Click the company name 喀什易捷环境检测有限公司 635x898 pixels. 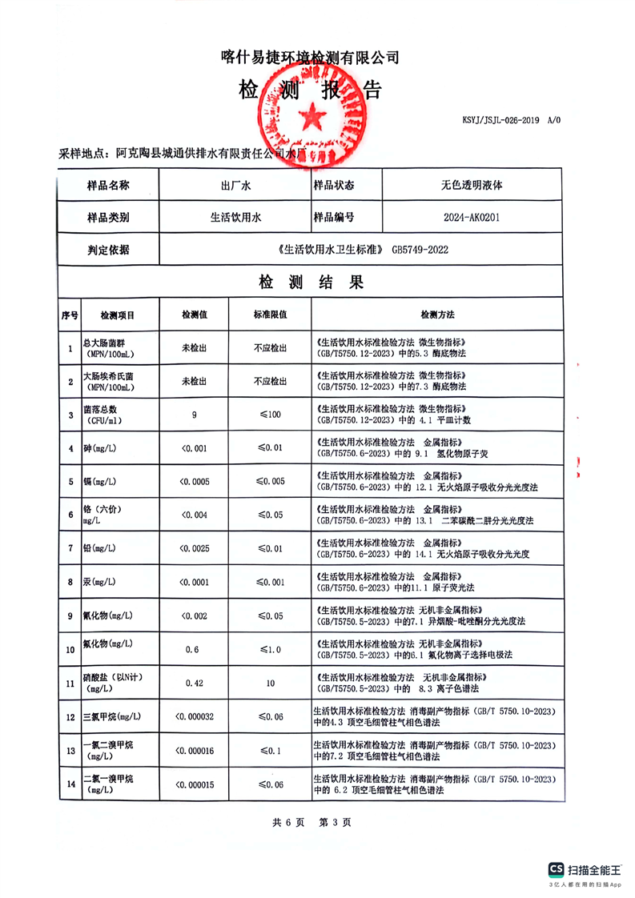point(309,58)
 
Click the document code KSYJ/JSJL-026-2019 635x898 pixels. point(501,121)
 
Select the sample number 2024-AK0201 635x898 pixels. point(472,217)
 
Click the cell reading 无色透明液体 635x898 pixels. point(472,185)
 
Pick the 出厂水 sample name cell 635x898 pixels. point(235,185)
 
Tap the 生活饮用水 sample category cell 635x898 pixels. point(235,217)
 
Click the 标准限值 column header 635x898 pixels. point(270,315)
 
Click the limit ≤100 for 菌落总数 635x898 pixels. point(270,414)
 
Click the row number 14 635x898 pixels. point(69,784)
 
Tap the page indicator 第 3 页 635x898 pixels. point(335,822)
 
